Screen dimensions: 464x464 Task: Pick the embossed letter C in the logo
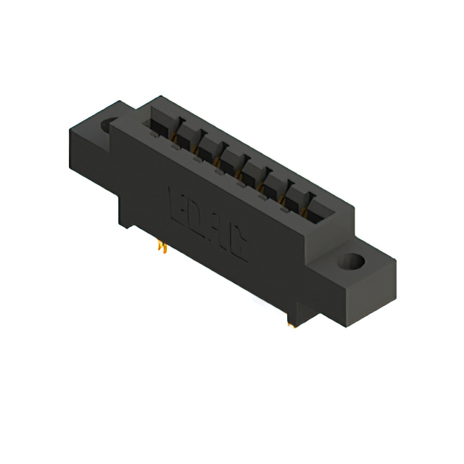pyautogui.click(x=240, y=249)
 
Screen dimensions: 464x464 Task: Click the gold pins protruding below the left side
pyautogui.click(x=163, y=248)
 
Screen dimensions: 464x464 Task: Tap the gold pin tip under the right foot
pyautogui.click(x=292, y=325)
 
